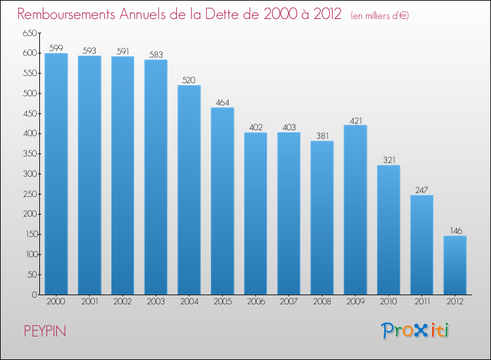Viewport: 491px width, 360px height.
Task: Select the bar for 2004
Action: coord(189,190)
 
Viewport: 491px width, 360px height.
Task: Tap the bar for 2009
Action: coord(355,209)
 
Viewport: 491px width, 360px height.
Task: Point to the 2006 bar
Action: coord(255,213)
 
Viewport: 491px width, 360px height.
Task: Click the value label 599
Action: coord(56,48)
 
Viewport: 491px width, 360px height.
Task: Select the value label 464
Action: coord(223,102)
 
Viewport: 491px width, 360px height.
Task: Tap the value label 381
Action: coord(322,135)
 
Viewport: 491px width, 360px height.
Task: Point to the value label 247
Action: coord(422,190)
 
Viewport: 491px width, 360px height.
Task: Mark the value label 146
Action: coord(455,230)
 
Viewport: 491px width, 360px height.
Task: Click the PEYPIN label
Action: coord(45,331)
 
